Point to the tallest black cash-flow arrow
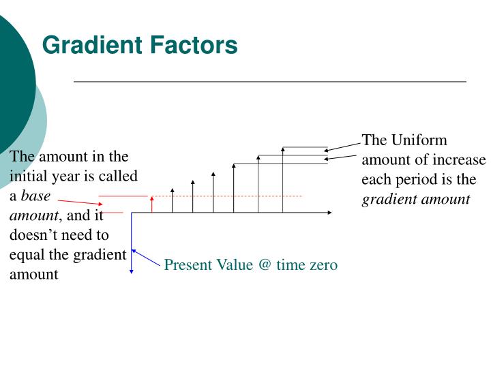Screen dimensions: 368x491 282,180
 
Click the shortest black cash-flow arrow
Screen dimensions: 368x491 172,201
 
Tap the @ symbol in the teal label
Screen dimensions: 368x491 265,265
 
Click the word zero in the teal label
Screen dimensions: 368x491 321,265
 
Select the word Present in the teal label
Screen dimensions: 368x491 188,265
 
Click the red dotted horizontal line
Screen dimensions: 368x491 225,196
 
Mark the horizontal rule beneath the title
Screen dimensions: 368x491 269,82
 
